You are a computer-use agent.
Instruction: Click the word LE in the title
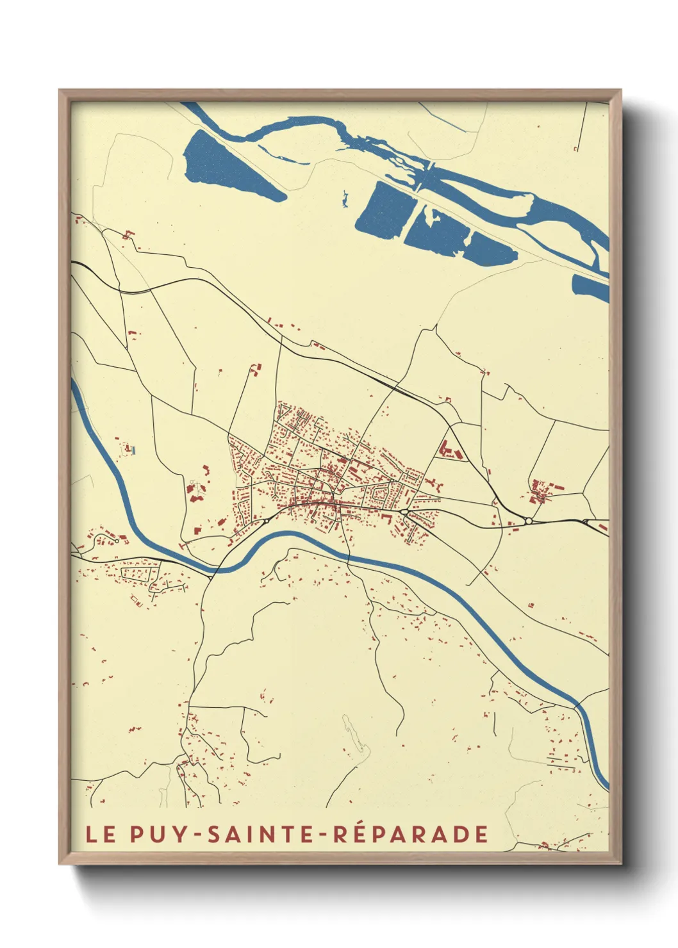tap(101, 834)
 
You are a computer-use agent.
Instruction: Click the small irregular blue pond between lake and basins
tap(345, 199)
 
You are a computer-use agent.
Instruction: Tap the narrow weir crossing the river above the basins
tap(426, 176)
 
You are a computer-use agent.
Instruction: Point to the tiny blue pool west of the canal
tap(133, 450)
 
